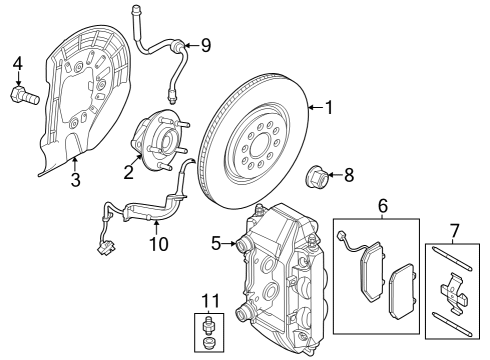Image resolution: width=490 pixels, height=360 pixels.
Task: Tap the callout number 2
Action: point(128,172)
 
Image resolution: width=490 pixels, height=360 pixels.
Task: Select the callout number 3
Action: point(75,180)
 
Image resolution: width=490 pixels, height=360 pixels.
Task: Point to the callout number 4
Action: point(17,67)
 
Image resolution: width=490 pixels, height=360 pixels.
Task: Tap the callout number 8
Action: point(348,177)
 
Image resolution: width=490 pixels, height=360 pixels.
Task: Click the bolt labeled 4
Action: point(22,96)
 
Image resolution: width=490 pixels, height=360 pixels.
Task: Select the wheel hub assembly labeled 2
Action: point(160,143)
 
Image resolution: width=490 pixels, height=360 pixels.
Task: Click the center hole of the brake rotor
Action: point(250,150)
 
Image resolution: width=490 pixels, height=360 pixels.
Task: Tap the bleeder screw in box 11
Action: point(208,327)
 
